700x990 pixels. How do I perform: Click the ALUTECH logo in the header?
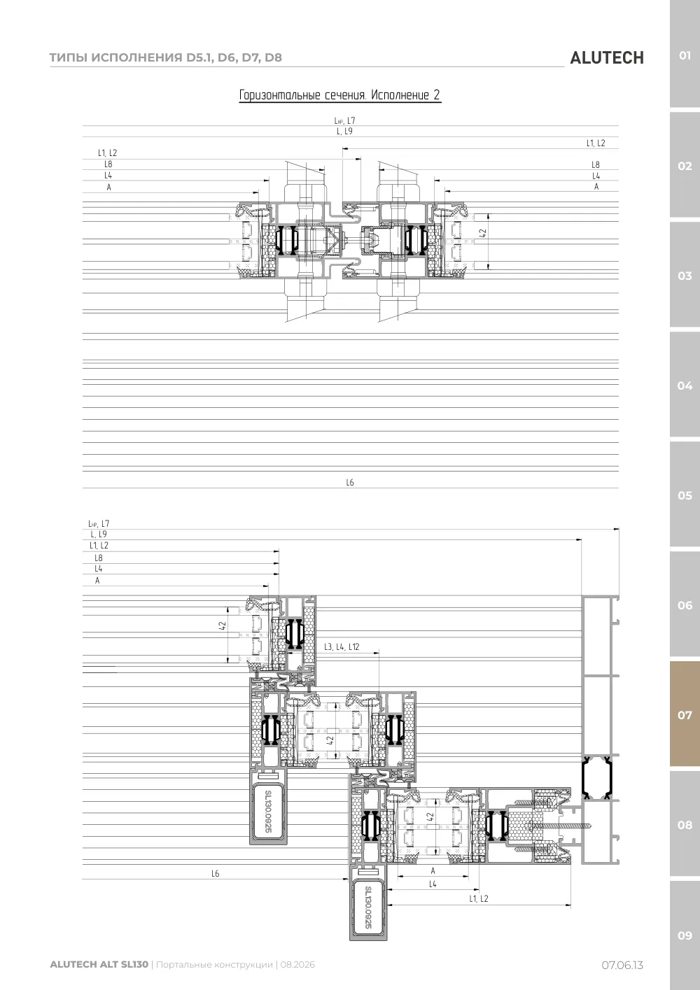coord(607,58)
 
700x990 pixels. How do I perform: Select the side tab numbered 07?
coord(685,714)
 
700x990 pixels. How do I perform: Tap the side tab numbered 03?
coord(685,276)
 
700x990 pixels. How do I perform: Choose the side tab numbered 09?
coord(685,935)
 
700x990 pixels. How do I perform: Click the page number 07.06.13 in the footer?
coord(622,965)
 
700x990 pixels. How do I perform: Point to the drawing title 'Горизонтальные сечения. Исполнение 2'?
coord(340,95)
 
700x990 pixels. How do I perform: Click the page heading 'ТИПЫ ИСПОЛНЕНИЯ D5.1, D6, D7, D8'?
coord(165,57)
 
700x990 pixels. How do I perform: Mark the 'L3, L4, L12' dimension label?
coord(342,647)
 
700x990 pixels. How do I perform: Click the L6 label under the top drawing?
coord(350,482)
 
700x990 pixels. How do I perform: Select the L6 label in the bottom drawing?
coord(216,873)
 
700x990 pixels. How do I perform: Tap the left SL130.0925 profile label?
coord(268,812)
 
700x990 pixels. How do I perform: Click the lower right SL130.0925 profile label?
coord(368,907)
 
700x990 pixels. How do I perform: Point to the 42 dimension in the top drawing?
coord(483,232)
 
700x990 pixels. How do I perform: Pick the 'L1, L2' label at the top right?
coord(596,143)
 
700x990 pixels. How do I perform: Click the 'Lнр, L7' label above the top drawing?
coord(344,120)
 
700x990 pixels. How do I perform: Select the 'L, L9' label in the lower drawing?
coord(99,534)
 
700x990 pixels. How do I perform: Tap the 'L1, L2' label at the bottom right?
coord(479,898)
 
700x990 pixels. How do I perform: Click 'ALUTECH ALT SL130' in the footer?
coord(99,964)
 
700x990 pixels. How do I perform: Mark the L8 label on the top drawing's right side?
coord(596,165)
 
